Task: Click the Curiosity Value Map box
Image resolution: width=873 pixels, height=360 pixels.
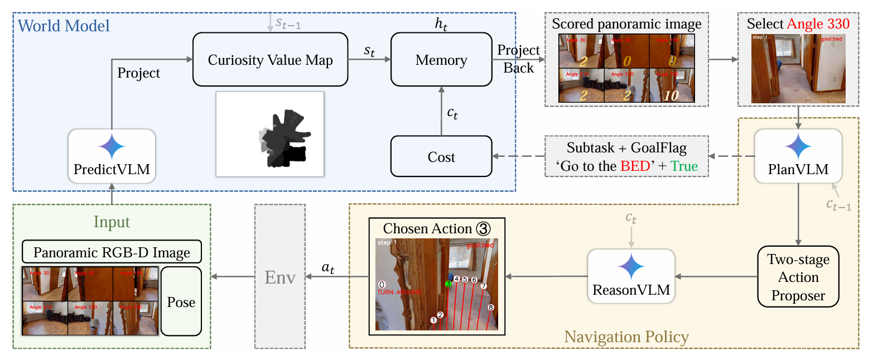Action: [270, 60]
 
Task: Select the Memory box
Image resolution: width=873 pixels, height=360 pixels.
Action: [441, 60]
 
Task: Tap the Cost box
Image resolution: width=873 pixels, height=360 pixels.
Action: [441, 157]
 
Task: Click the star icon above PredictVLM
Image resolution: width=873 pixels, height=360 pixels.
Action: [112, 147]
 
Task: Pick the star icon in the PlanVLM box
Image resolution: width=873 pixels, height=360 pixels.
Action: [798, 147]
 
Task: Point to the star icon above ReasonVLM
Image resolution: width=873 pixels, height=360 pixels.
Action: [631, 267]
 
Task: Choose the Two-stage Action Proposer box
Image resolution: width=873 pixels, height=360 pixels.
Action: [798, 277]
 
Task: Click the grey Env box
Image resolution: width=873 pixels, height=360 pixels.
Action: [279, 277]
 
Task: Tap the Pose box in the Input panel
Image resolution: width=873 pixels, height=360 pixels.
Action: [181, 302]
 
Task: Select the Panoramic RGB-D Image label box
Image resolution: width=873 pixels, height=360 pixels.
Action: [112, 252]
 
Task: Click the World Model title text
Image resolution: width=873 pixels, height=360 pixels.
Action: [64, 26]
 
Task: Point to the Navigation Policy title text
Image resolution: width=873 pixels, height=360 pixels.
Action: [626, 337]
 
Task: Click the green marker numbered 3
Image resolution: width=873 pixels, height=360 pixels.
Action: [448, 284]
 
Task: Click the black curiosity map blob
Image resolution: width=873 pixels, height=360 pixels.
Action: [284, 140]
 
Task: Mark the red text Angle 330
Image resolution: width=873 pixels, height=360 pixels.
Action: [818, 24]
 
